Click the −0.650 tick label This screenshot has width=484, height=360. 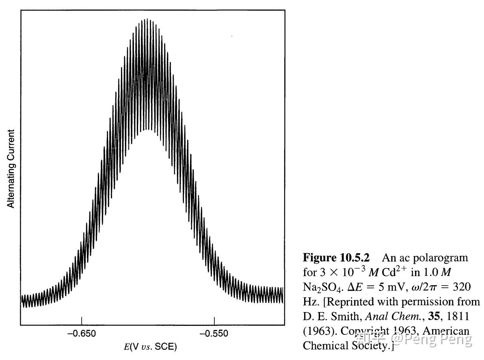(82, 334)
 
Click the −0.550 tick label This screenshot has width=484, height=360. (214, 334)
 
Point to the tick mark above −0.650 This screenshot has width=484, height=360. (82, 321)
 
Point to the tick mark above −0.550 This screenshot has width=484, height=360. (214, 321)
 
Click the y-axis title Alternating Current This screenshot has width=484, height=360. (11, 169)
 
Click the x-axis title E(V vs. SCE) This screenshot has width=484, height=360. (150, 347)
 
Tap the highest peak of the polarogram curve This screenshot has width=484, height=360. (147, 20)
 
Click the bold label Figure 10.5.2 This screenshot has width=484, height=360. (336, 258)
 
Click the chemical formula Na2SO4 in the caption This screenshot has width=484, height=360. (322, 287)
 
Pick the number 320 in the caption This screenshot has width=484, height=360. (462, 287)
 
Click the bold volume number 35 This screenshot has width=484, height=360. (434, 316)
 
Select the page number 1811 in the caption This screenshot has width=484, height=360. (458, 316)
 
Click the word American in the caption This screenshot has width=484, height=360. (446, 331)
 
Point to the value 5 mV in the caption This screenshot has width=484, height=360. (391, 287)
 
